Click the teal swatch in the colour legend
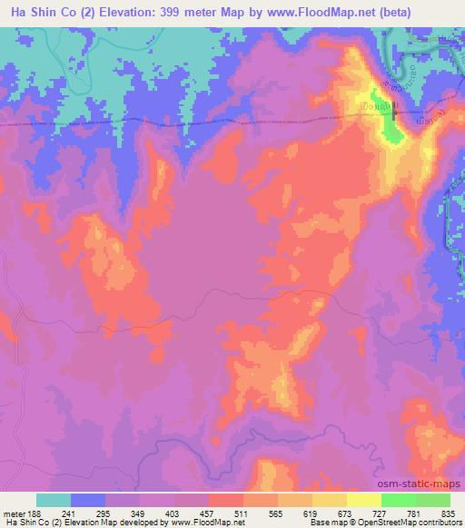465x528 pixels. [54, 500]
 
